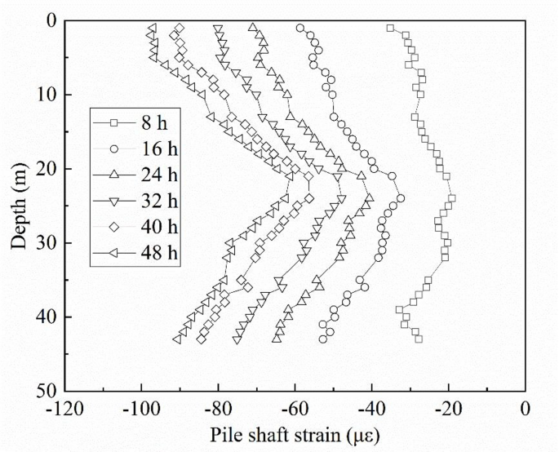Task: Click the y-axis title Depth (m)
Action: (20, 204)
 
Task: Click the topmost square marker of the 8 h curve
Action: (390, 28)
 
